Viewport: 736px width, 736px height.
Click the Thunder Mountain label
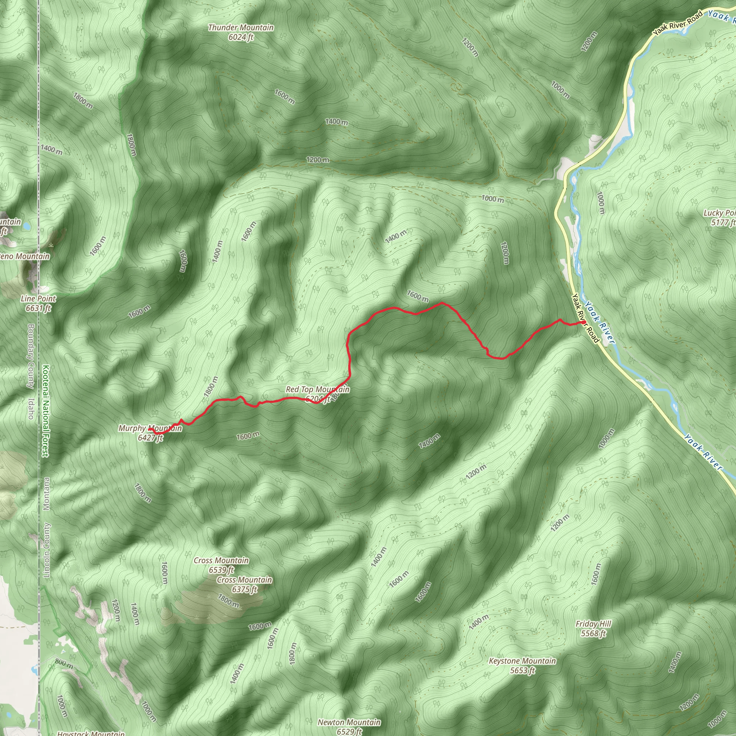pos(241,32)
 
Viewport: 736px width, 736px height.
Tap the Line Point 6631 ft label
pos(38,303)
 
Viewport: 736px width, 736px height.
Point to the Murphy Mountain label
pos(150,433)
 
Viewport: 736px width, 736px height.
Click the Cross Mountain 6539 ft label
pos(221,565)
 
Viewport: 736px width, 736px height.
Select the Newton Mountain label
pos(349,726)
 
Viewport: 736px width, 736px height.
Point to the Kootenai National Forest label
pos(45,411)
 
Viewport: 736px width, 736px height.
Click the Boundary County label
pos(31,356)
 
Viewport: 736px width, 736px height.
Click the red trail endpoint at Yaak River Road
pos(584,323)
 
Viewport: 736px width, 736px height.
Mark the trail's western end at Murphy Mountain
pos(149,429)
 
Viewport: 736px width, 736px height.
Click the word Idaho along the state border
pos(31,409)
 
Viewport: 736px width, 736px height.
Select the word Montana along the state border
pos(46,494)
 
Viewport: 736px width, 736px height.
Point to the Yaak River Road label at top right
pos(677,24)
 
